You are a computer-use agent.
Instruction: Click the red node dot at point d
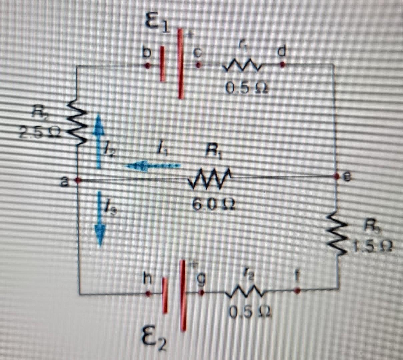coord(282,65)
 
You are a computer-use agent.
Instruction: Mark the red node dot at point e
coord(337,175)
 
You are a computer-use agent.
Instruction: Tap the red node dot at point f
coord(298,291)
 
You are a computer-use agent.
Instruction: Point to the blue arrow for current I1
coord(153,165)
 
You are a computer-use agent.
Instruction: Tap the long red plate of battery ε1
coord(181,63)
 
